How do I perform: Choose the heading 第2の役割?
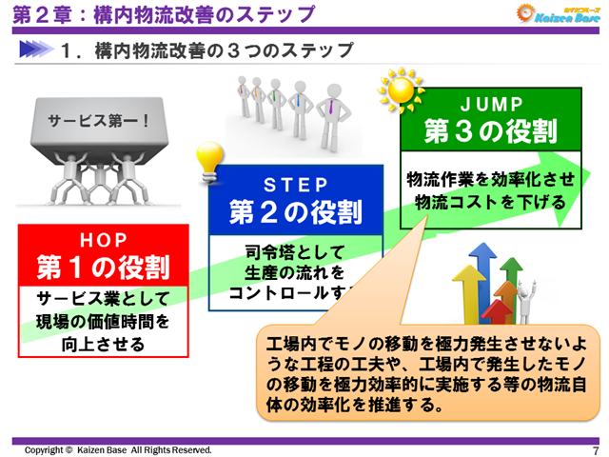295,210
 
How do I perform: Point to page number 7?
595,450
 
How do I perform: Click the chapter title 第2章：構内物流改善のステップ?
162,14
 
